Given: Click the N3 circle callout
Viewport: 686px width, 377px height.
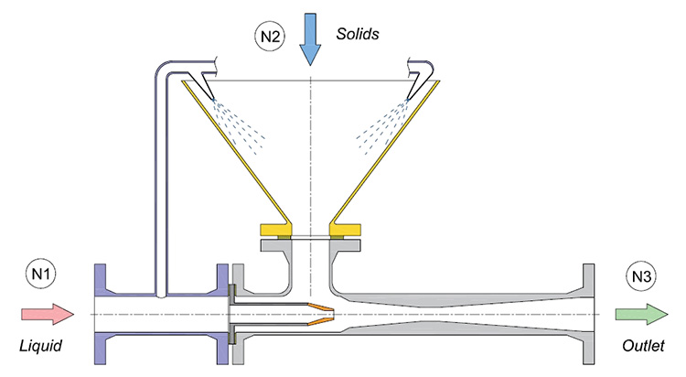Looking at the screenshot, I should [640, 274].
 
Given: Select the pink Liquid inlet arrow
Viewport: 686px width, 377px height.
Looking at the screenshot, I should [47, 314].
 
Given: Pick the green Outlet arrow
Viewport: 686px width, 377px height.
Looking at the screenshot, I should [638, 314].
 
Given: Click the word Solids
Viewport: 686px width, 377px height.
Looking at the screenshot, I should [357, 34].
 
